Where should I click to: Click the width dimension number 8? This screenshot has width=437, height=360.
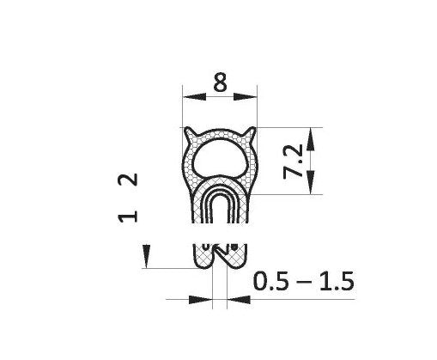[220, 84]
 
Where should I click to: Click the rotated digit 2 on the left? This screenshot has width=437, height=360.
[128, 180]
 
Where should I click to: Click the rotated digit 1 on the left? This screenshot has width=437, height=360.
[128, 215]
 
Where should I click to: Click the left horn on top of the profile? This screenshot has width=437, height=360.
[191, 134]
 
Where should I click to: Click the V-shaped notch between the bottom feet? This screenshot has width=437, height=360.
[220, 248]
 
